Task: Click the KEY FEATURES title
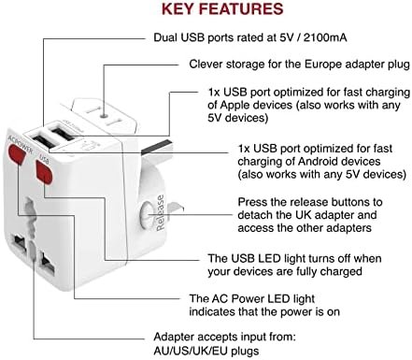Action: pyautogui.click(x=222, y=11)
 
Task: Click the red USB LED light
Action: pyautogui.click(x=42, y=172)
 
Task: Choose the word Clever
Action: pyautogui.click(x=207, y=65)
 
